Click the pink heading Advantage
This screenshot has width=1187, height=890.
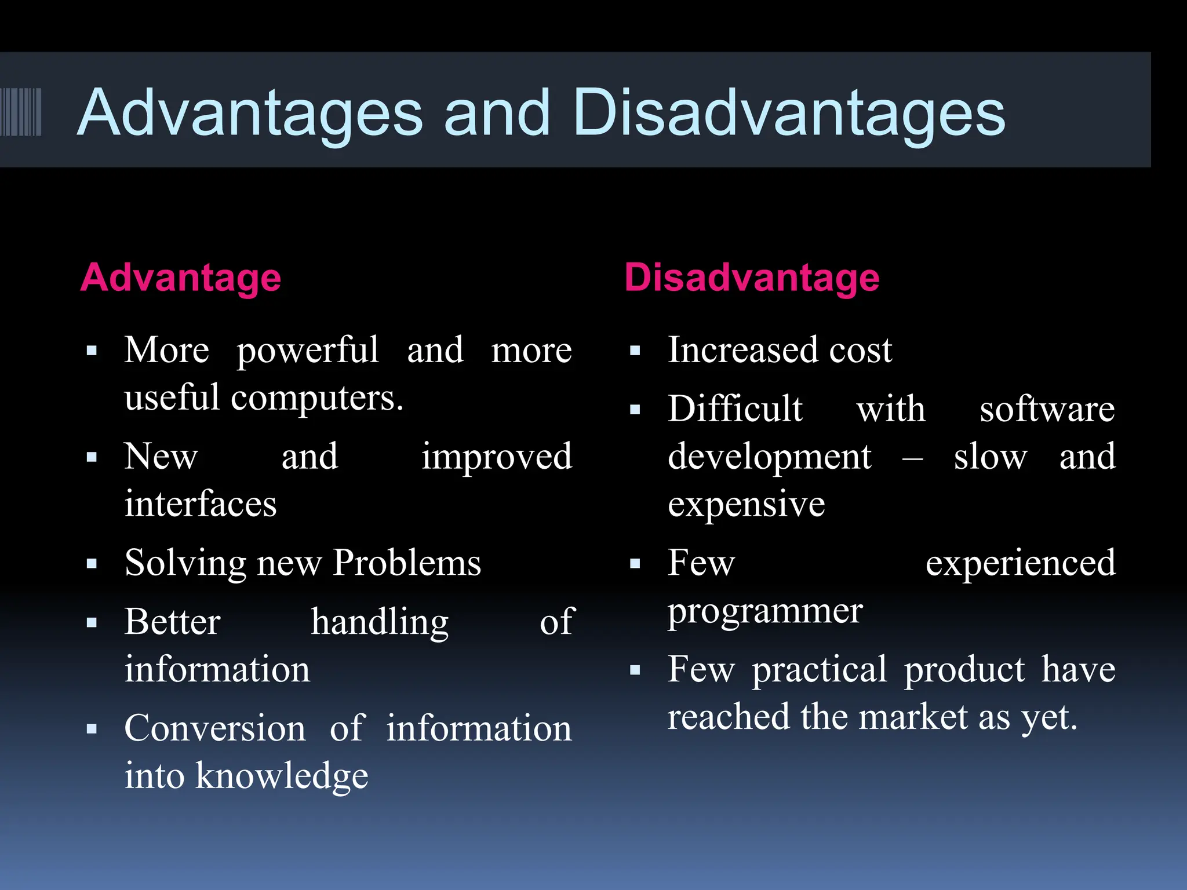(x=181, y=278)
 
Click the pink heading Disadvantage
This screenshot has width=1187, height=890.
(x=752, y=278)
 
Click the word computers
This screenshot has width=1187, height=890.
(x=317, y=399)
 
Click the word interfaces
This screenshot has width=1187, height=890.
(x=201, y=504)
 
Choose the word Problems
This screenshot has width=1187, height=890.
(x=407, y=563)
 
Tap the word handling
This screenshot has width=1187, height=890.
(x=380, y=623)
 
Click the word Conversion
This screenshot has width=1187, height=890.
(x=215, y=728)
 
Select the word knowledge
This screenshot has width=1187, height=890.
(x=282, y=776)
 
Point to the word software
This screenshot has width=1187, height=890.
(x=1047, y=410)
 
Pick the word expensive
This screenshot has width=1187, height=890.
(x=747, y=505)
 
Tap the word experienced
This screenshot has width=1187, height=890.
(x=1020, y=564)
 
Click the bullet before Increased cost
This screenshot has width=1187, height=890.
(x=635, y=351)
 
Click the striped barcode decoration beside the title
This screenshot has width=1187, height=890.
(x=21, y=112)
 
